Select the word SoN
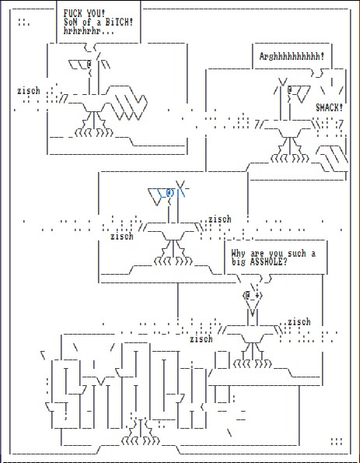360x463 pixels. [x=70, y=22]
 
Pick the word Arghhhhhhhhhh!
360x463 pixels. [x=292, y=56]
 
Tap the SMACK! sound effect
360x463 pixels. [x=330, y=107]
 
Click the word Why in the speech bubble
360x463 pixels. [x=238, y=254]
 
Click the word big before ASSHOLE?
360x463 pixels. [x=238, y=262]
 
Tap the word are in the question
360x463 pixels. [x=257, y=254]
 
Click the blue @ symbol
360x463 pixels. [x=170, y=193]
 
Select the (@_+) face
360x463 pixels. [x=253, y=295]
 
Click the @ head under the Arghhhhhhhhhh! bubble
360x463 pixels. [x=290, y=89]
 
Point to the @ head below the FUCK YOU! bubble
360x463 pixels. [x=89, y=64]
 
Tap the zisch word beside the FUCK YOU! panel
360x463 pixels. [x=28, y=90]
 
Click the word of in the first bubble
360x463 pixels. [x=87, y=22]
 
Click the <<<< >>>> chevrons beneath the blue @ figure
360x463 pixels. [x=173, y=261]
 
